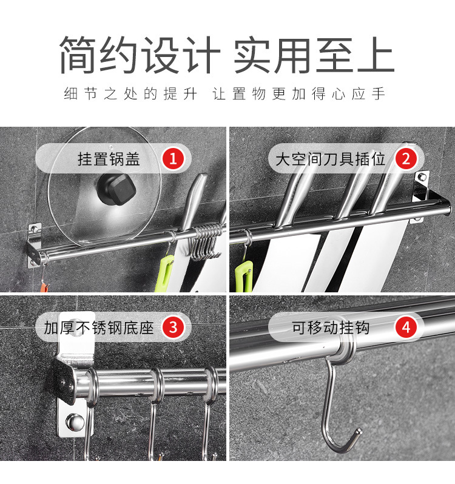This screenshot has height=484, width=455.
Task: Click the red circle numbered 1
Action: (173, 160)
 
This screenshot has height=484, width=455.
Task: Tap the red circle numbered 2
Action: (406, 160)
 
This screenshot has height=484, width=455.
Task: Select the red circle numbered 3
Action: (173, 328)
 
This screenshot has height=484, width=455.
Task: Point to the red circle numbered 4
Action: (406, 328)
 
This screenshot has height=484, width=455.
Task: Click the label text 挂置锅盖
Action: (109, 160)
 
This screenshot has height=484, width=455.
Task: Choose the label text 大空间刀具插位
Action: (330, 160)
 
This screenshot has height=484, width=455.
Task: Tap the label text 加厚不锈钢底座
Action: (99, 328)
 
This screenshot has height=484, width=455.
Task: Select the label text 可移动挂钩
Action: (330, 328)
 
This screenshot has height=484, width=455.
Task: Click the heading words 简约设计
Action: (138, 56)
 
